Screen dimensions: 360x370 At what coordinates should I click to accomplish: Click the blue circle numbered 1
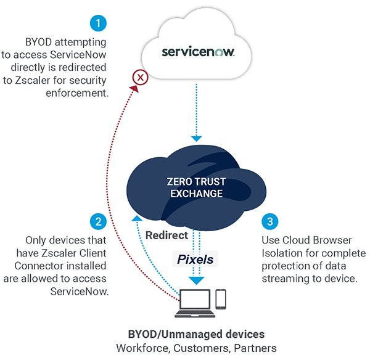(98, 24)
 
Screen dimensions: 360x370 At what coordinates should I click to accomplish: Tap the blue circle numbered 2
(98, 221)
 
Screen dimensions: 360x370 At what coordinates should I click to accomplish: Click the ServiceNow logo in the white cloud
(198, 52)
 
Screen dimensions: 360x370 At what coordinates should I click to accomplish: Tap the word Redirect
(167, 235)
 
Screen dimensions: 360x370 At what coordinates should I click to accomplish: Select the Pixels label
(195, 260)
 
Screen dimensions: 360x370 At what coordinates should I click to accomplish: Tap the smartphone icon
(221, 299)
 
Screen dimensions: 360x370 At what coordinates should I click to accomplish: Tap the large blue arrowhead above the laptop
(197, 280)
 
